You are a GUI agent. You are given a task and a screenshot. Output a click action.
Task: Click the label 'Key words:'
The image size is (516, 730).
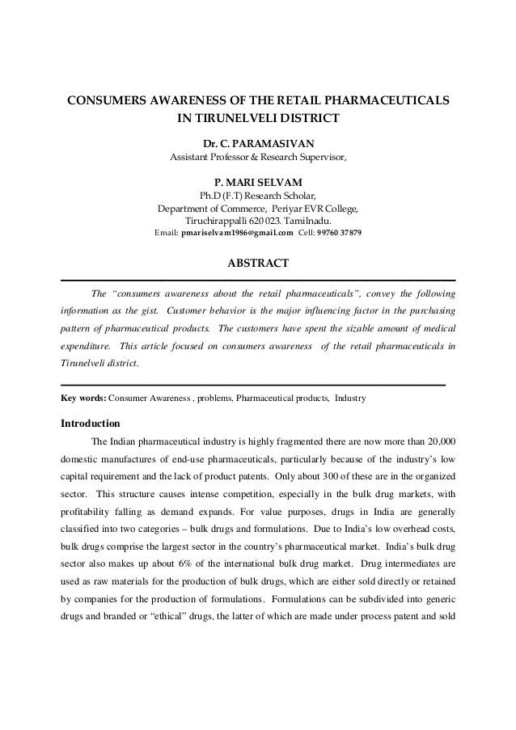click(84, 399)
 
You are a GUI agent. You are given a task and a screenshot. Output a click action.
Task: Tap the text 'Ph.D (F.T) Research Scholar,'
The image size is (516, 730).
click(258, 195)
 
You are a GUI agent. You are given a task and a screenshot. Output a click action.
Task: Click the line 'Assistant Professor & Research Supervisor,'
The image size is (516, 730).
click(258, 156)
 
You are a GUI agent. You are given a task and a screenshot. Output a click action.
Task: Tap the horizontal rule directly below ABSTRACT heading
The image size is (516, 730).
click(258, 281)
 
